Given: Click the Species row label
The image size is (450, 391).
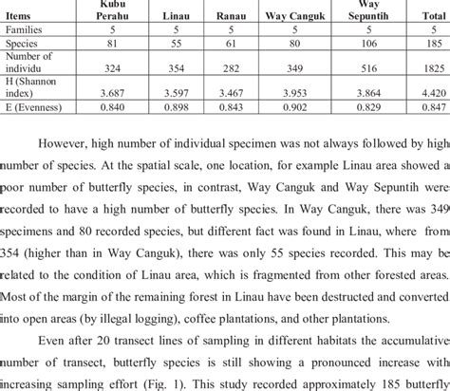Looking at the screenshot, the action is point(23,44).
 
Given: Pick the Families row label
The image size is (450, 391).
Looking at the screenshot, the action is point(25,30).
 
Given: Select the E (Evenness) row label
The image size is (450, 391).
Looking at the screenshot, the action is point(34,107).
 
